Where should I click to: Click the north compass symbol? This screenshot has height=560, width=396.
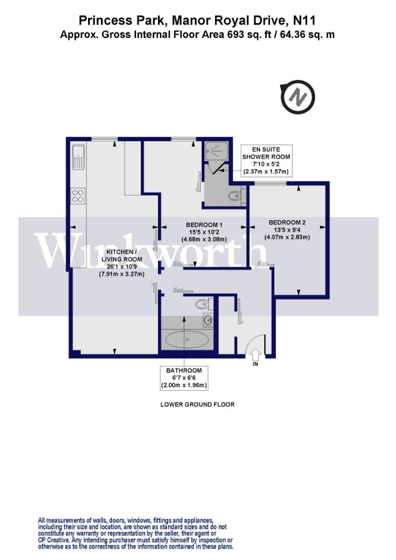(296, 98)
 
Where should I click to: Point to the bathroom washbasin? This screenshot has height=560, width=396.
(208, 321)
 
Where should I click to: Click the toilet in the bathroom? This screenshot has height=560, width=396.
(202, 305)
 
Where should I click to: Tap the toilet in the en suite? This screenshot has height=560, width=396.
(234, 197)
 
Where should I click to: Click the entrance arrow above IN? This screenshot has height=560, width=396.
(255, 354)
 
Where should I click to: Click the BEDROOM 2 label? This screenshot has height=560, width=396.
(288, 222)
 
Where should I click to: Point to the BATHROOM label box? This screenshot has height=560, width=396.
(183, 378)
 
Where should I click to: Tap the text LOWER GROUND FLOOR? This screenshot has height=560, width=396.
(197, 405)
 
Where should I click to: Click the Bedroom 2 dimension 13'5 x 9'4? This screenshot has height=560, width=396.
(288, 230)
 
